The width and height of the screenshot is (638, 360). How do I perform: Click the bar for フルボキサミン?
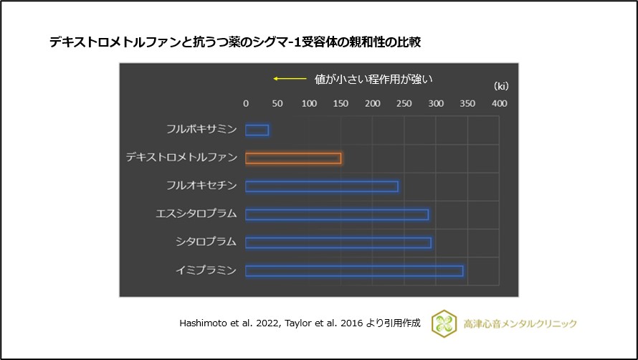pyautogui.click(x=257, y=130)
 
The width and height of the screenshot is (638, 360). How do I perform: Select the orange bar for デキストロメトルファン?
pyautogui.click(x=293, y=158)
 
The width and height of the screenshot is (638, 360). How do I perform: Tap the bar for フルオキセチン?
pyautogui.click(x=321, y=186)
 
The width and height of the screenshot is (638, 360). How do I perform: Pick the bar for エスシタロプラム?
pyautogui.click(x=337, y=214)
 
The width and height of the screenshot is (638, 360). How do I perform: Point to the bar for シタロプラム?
pyautogui.click(x=338, y=242)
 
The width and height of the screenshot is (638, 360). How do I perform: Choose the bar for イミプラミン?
pyautogui.click(x=354, y=271)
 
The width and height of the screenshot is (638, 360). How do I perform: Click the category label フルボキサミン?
pyautogui.click(x=201, y=130)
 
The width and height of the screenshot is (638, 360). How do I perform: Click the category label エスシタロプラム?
pyautogui.click(x=196, y=214)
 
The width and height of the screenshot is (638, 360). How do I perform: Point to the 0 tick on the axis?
pyautogui.click(x=246, y=104)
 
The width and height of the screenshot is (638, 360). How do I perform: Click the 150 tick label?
pyautogui.click(x=341, y=104)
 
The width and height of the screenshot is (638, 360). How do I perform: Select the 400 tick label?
pyautogui.click(x=499, y=104)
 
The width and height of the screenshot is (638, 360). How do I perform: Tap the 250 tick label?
pyautogui.click(x=404, y=104)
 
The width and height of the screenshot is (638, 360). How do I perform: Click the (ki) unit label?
pyautogui.click(x=501, y=86)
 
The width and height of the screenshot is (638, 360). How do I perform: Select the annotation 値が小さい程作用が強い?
pyautogui.click(x=374, y=79)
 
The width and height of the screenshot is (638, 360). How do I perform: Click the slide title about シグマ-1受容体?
pyautogui.click(x=234, y=42)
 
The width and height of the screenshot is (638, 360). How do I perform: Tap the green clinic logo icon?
pyautogui.click(x=444, y=323)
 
